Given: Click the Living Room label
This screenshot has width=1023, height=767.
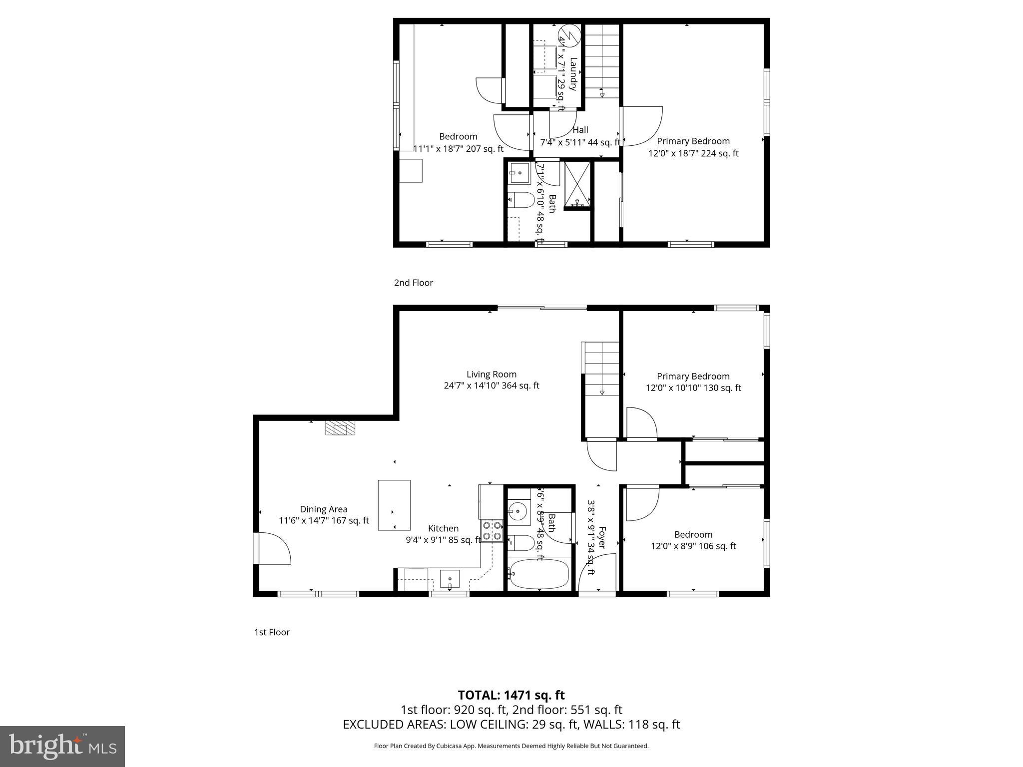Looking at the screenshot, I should point(491,374).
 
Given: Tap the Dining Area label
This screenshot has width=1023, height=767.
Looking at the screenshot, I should point(323,509).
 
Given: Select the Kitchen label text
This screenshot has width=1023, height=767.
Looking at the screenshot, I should point(443,528).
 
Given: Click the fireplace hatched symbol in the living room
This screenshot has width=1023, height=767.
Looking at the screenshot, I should point(341,428).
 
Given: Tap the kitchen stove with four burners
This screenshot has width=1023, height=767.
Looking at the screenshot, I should point(492,531).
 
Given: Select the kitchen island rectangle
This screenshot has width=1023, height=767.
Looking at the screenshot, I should point(394,505).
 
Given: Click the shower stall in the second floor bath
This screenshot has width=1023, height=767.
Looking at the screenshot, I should point(577,184).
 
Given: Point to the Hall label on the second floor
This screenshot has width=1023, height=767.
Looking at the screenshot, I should point(580,130).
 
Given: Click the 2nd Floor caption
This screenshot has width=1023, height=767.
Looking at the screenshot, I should point(413,283).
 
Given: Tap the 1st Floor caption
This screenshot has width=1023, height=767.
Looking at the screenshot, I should point(272,632).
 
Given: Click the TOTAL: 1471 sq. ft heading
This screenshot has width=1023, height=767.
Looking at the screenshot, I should point(511,695).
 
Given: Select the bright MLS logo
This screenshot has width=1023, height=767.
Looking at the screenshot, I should point(62,746).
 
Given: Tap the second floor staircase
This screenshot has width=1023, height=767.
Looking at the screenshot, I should point(602,60).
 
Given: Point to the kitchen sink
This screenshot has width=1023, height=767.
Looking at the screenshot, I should point(450,579).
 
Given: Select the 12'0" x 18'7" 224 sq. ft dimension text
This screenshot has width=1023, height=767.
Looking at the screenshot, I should point(693,153).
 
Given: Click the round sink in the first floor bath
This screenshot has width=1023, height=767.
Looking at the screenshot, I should point(518,511).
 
